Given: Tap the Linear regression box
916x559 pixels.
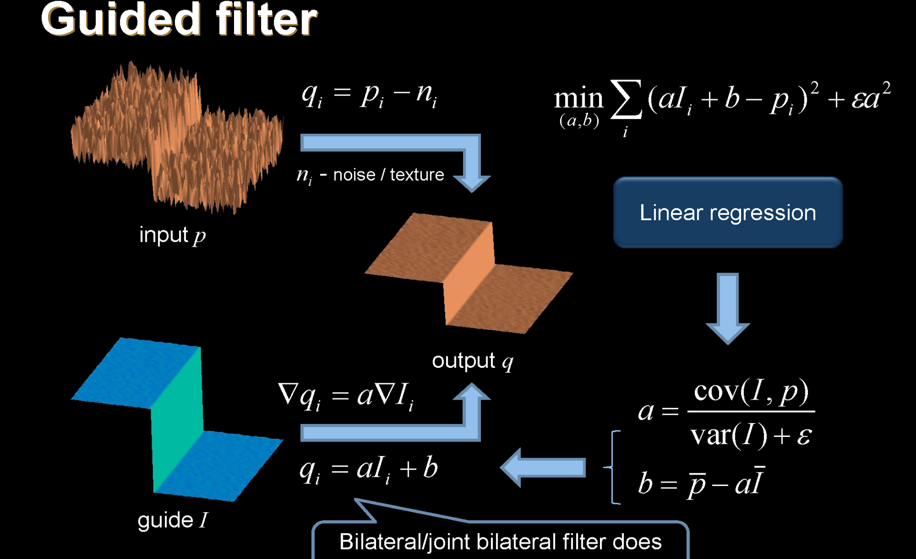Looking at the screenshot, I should click(728, 213).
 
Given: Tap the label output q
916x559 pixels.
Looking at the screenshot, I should click(472, 361).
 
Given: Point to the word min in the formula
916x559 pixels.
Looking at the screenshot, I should click(578, 99).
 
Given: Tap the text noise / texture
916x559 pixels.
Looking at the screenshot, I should click(388, 175).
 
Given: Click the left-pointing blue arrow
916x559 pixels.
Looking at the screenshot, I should click(543, 467).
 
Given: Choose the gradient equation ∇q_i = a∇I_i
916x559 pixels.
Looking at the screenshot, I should click(346, 396).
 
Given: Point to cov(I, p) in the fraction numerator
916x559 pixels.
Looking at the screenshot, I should click(751, 392).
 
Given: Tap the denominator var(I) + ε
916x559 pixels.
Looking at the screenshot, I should click(751, 435).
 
